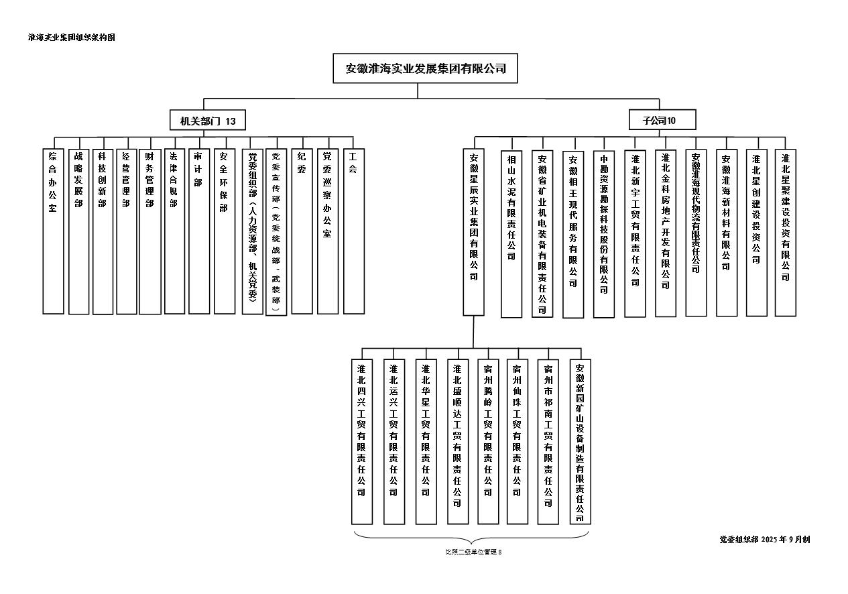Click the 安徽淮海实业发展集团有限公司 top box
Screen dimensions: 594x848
tap(425, 68)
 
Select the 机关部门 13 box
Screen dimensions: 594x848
tap(207, 121)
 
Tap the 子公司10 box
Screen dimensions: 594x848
tap(662, 120)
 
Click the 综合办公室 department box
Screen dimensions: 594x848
tap(53, 231)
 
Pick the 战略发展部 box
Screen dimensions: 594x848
tap(78, 231)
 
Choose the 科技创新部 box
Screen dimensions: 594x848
tap(103, 231)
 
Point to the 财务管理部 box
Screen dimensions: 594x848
tap(150, 231)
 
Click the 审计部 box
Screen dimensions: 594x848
tap(199, 231)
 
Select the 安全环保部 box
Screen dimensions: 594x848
tap(225, 231)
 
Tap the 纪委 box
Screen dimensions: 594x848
tap(302, 231)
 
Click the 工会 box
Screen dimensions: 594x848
tap(353, 231)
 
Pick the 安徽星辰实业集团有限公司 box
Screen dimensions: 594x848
tap(474, 232)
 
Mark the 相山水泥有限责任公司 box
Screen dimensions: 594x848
tap(511, 233)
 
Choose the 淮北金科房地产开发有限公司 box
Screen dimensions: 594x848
tap(666, 232)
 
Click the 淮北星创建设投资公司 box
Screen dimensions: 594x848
tap(756, 232)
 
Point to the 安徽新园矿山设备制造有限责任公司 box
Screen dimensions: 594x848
tap(580, 441)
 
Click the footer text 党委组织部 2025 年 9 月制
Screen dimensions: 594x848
tap(764, 539)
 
